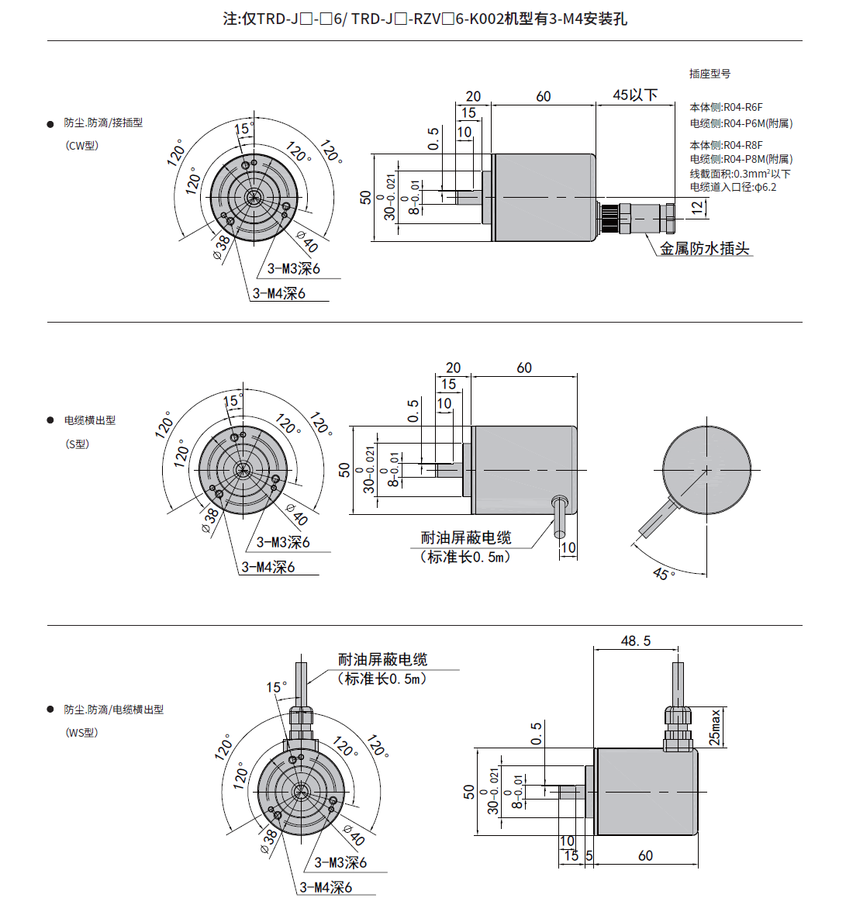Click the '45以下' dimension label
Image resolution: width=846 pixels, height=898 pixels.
pos(634,95)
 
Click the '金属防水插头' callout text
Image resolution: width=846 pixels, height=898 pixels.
pos(704,249)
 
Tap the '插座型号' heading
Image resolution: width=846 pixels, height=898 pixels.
pos(710,74)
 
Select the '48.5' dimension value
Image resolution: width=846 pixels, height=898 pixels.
pos(636,641)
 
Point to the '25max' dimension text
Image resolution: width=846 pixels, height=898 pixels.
pos(715,727)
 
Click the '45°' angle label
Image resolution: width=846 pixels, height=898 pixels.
pos(663,575)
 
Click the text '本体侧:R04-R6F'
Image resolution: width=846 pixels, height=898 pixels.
pos(726,107)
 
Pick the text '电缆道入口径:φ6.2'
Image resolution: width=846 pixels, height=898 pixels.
pos(733,187)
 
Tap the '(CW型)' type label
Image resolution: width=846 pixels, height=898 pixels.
pos(82,146)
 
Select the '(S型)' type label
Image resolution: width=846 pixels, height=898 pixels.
pos(78,444)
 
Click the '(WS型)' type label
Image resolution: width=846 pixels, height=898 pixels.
pos(81,733)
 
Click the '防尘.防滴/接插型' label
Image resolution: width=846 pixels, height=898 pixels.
pos(103,123)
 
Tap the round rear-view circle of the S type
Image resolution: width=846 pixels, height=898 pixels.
pos(707,470)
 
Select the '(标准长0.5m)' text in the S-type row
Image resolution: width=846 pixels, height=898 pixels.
pos(465,557)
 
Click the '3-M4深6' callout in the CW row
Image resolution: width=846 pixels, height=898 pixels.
pos(279,293)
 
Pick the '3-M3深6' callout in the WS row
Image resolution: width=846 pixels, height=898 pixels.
pos(340,862)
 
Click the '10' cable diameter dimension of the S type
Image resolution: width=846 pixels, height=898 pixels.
pos(568,547)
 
